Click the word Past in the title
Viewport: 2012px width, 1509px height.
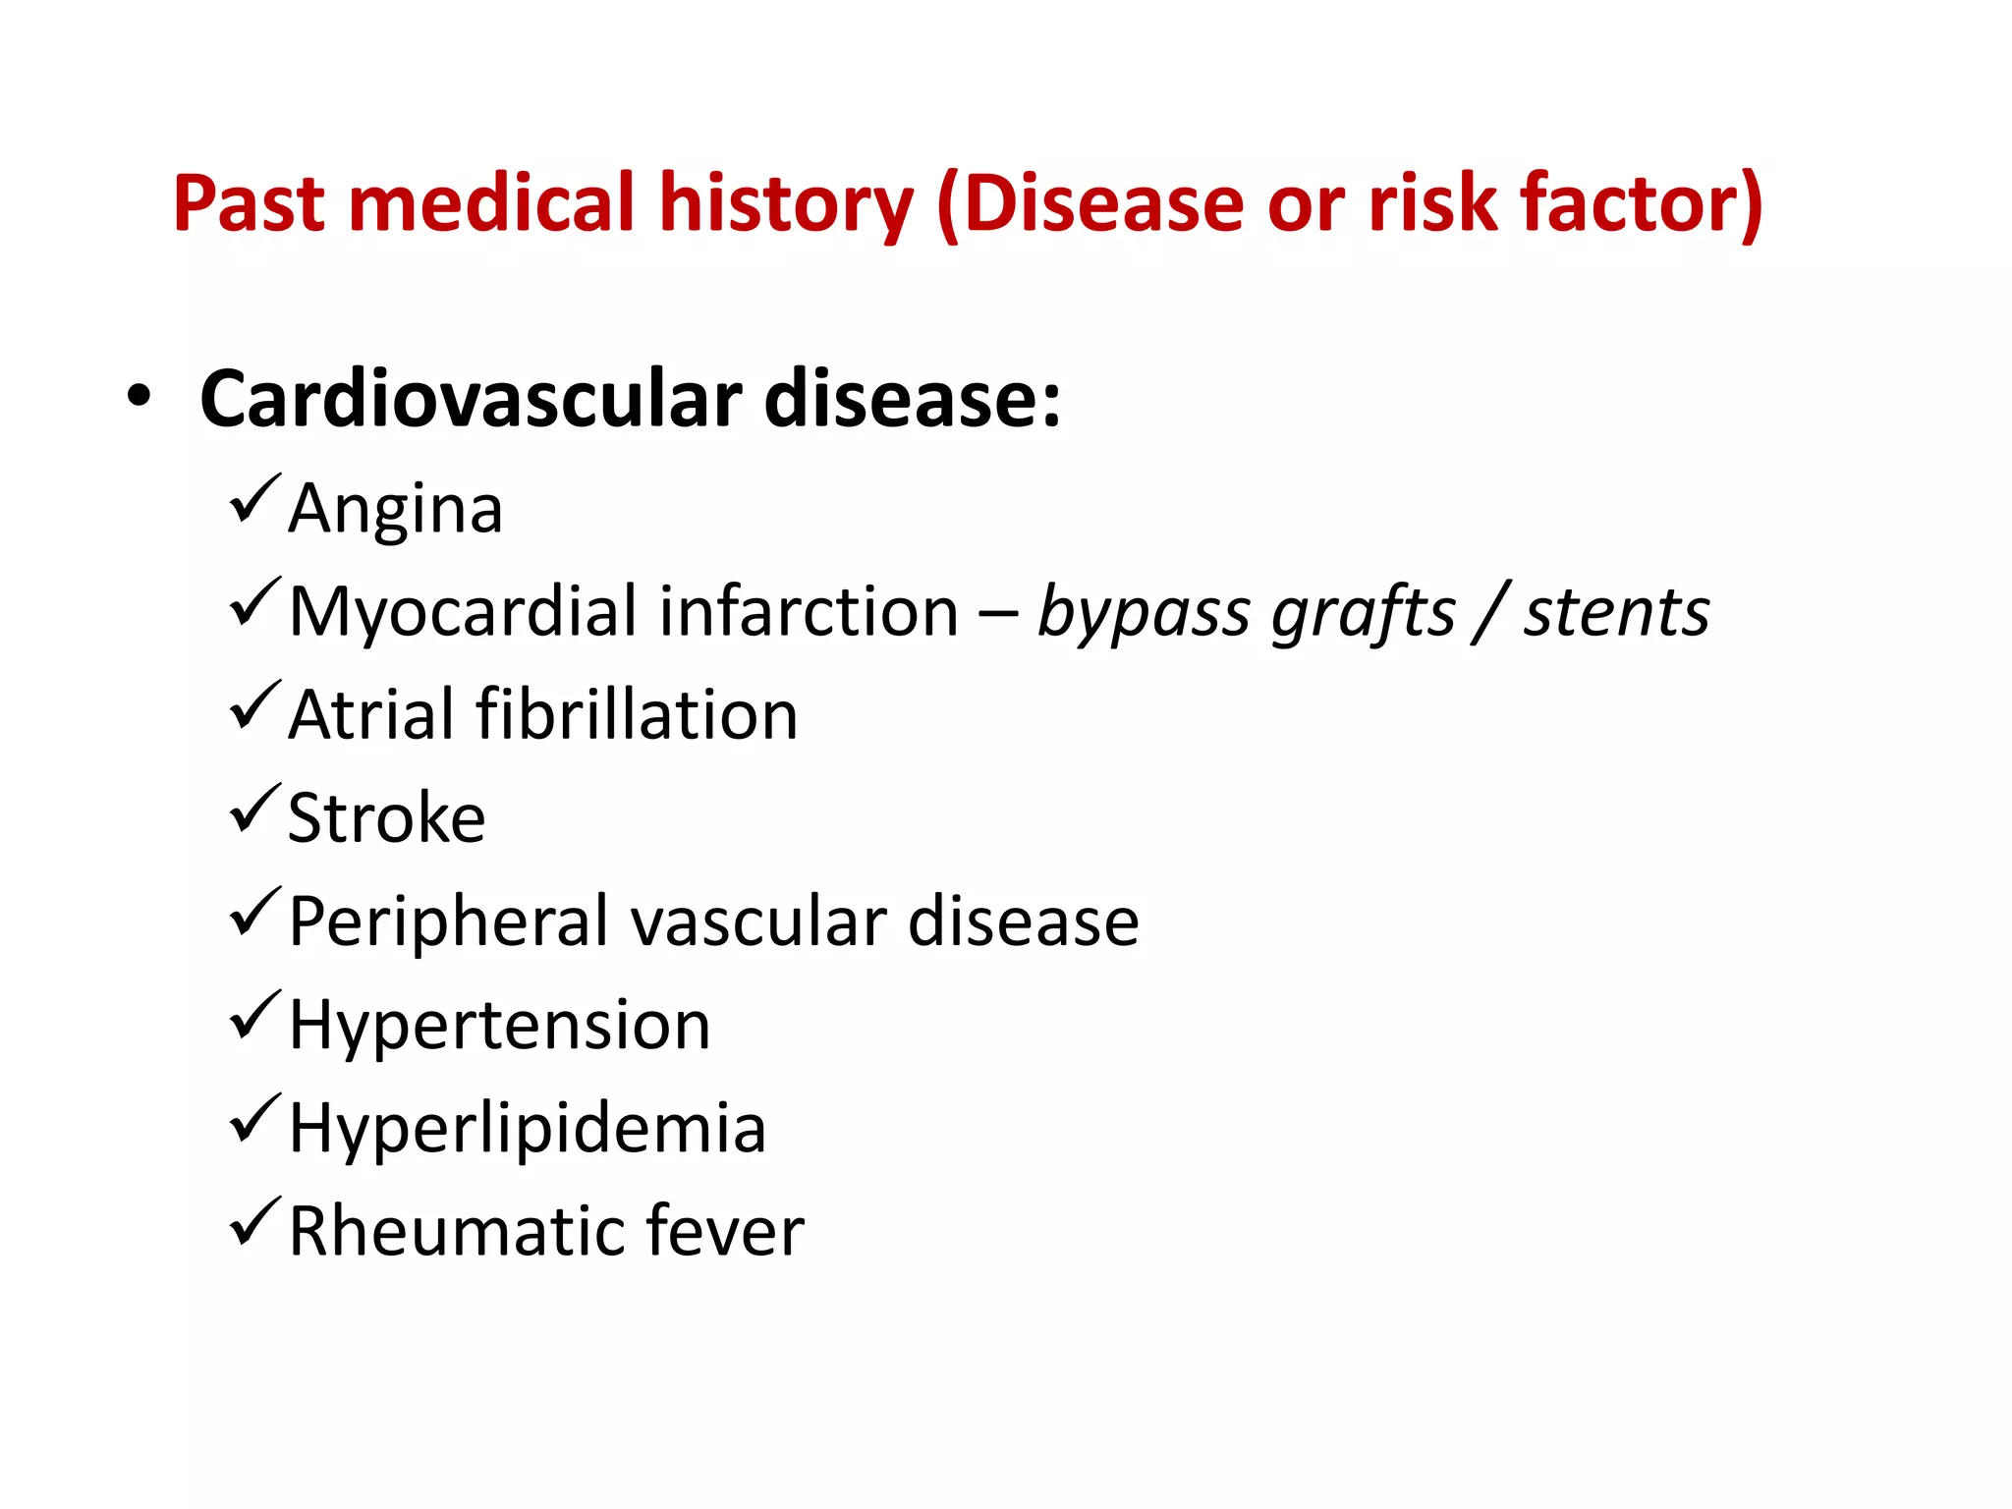(x=249, y=203)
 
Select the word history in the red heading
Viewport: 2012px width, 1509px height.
(x=786, y=203)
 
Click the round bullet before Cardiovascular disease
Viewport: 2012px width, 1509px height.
(x=140, y=397)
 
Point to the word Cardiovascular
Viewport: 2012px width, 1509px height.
(x=471, y=400)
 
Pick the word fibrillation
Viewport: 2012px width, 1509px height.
(x=637, y=715)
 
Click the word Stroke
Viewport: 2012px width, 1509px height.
(x=386, y=818)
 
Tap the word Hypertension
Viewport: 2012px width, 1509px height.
(x=499, y=1026)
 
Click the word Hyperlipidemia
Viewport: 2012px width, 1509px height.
(x=527, y=1129)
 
